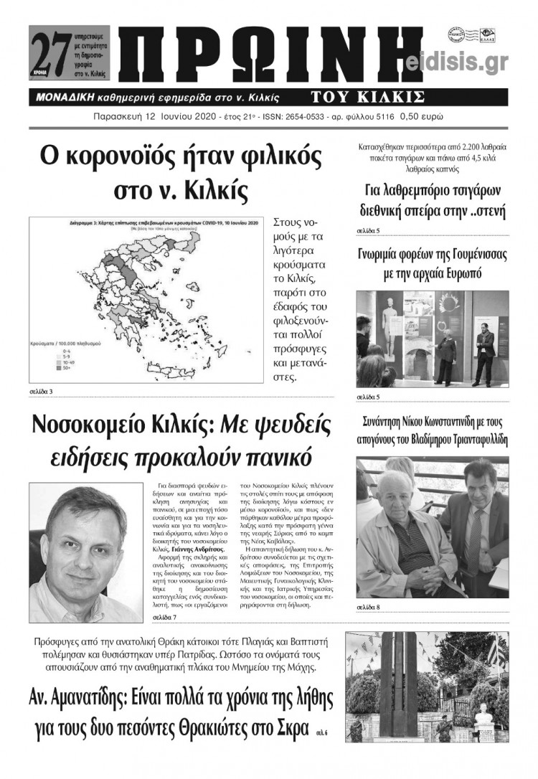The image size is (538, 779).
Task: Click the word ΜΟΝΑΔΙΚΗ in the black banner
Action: click(x=72, y=98)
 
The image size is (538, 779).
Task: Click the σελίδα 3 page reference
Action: click(x=41, y=391)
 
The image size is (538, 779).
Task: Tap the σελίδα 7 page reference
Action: click(x=164, y=617)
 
